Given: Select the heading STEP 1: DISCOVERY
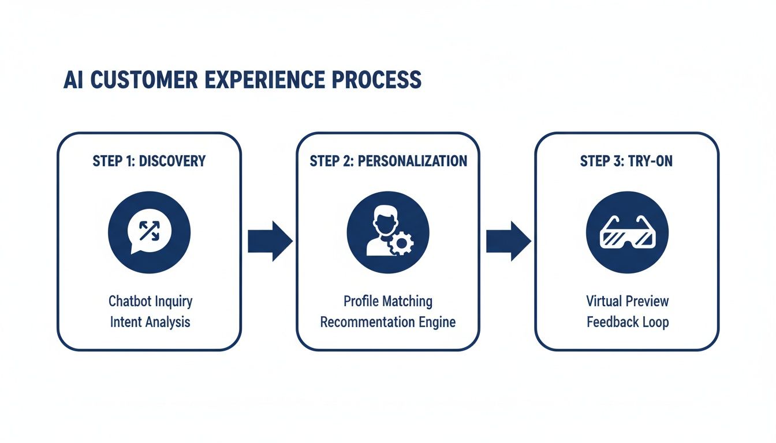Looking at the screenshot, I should (149, 161).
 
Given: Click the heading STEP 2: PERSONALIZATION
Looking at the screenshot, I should (388, 161).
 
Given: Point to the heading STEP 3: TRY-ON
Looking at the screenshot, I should (626, 161).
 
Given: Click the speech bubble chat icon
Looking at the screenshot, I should (149, 232).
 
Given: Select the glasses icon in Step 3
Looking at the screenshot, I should (626, 234).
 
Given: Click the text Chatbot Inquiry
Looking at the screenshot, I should (150, 301).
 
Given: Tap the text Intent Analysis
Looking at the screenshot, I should (150, 321).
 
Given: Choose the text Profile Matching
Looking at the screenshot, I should (388, 301).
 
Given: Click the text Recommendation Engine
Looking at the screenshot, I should (388, 321).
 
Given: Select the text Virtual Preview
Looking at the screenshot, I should (628, 301).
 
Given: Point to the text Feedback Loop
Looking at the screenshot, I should (628, 321).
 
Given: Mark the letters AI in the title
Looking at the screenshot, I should (74, 81).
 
